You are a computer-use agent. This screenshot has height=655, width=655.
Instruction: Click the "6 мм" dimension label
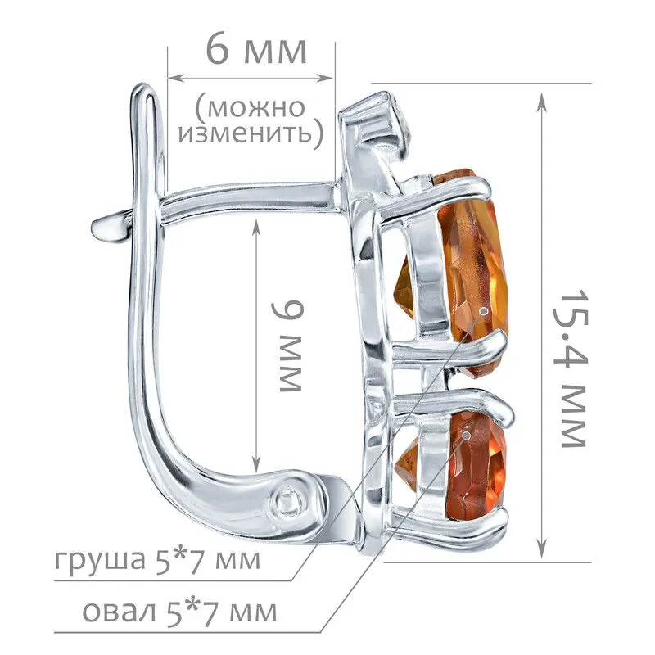point(256,51)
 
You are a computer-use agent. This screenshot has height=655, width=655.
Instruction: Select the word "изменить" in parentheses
point(246,133)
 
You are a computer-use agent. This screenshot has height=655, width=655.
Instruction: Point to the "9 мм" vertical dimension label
point(289,346)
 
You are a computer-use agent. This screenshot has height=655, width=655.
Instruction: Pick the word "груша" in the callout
point(99,561)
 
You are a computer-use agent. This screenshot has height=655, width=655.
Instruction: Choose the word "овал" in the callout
point(119,612)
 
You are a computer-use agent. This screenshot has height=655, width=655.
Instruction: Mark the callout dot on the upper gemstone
point(484,311)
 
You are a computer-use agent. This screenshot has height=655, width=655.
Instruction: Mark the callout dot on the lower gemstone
point(467,436)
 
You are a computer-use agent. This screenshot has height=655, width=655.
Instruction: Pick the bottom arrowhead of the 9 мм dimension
point(256,463)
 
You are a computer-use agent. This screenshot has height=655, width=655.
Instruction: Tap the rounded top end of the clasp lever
point(143,90)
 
